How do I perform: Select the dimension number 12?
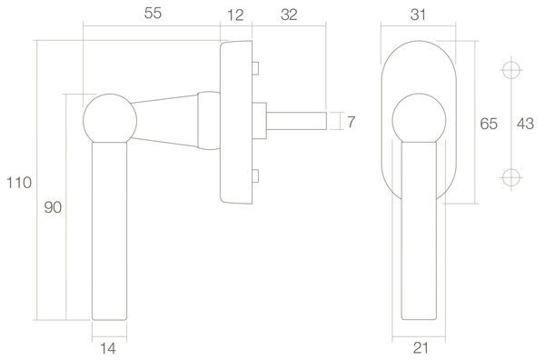(235, 14)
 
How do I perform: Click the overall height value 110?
(17, 182)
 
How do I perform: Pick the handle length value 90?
(52, 208)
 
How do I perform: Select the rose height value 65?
(488, 125)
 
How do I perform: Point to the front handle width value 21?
(420, 346)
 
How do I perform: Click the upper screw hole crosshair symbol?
(511, 71)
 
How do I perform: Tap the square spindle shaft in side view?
(295, 119)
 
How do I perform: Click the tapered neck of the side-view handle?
(173, 119)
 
